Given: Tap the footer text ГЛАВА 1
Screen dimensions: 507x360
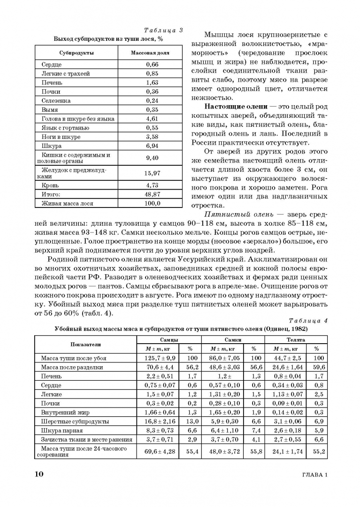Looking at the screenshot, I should (x=312, y=475).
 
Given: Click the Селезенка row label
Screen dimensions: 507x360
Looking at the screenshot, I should (x=56, y=100).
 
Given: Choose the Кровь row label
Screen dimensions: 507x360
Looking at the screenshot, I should (x=50, y=185).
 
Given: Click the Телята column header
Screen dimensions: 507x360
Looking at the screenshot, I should (x=295, y=339).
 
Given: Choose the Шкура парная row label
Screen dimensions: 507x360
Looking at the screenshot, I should (x=62, y=430).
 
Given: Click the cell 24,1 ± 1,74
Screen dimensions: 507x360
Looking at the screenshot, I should (x=287, y=452).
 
